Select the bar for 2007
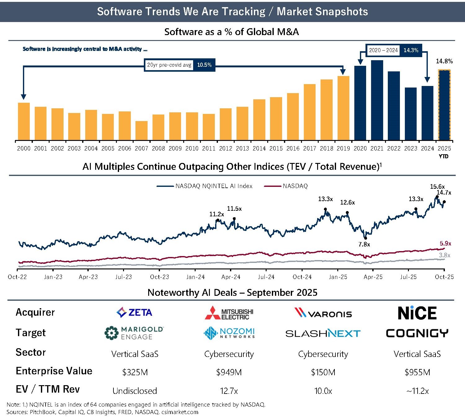tap(141, 131)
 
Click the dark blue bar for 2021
tap(377, 100)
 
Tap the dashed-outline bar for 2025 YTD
tap(444, 105)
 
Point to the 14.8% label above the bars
tap(444, 61)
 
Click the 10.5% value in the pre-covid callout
tap(204, 65)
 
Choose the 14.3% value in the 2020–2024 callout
tap(411, 50)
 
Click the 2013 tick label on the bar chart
tap(242, 149)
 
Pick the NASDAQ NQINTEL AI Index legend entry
tap(205, 186)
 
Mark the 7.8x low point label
tap(364, 245)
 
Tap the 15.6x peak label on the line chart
tap(437, 187)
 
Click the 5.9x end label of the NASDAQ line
tap(445, 244)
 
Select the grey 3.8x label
tap(445, 255)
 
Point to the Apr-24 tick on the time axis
tap(231, 277)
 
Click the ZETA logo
tap(134, 312)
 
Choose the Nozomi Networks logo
tap(229, 333)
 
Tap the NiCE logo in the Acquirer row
tap(417, 313)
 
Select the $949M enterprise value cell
tap(229, 372)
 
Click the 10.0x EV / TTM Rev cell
tap(323, 391)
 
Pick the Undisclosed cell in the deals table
tap(135, 391)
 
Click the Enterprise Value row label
tap(54, 371)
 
